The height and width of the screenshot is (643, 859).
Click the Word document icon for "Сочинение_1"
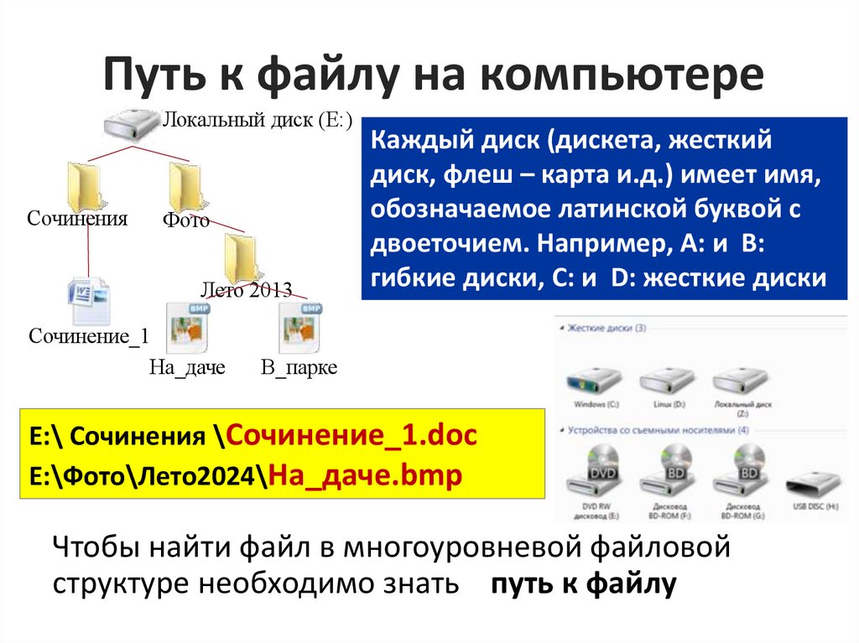pos(88,302)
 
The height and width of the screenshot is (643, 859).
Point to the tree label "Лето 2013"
pos(246,291)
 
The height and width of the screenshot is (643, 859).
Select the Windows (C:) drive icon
pos(596,381)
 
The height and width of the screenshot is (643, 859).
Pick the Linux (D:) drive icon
pos(667,381)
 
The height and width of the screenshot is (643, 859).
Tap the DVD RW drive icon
pos(596,473)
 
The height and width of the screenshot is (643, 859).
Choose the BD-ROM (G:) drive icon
pos(742,473)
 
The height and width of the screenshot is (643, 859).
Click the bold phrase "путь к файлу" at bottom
pos(583,585)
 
